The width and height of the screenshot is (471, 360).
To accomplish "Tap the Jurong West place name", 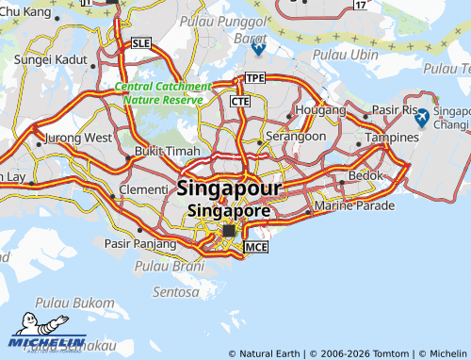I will (x=78, y=137).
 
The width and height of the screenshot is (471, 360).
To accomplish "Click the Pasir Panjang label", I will (x=138, y=243).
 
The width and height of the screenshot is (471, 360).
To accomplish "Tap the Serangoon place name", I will (x=296, y=136).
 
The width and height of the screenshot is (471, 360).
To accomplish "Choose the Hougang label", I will (x=294, y=110).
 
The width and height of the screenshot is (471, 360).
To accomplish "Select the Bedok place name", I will (x=365, y=175).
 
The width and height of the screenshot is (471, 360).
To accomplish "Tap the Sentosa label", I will (x=176, y=292).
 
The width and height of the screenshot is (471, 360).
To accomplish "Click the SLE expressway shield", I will (x=141, y=43).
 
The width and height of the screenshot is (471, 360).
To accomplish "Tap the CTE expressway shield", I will (x=239, y=100).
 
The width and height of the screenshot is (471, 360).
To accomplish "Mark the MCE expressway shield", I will (x=256, y=247).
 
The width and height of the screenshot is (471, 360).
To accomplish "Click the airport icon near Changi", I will (x=422, y=117).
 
